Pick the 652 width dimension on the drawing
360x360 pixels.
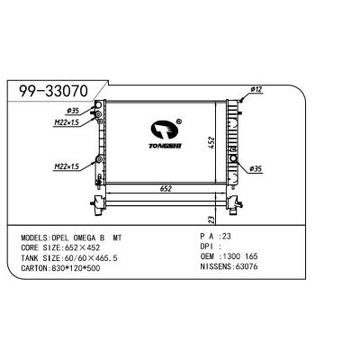tap(166, 189)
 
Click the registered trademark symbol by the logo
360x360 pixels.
tap(179, 120)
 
